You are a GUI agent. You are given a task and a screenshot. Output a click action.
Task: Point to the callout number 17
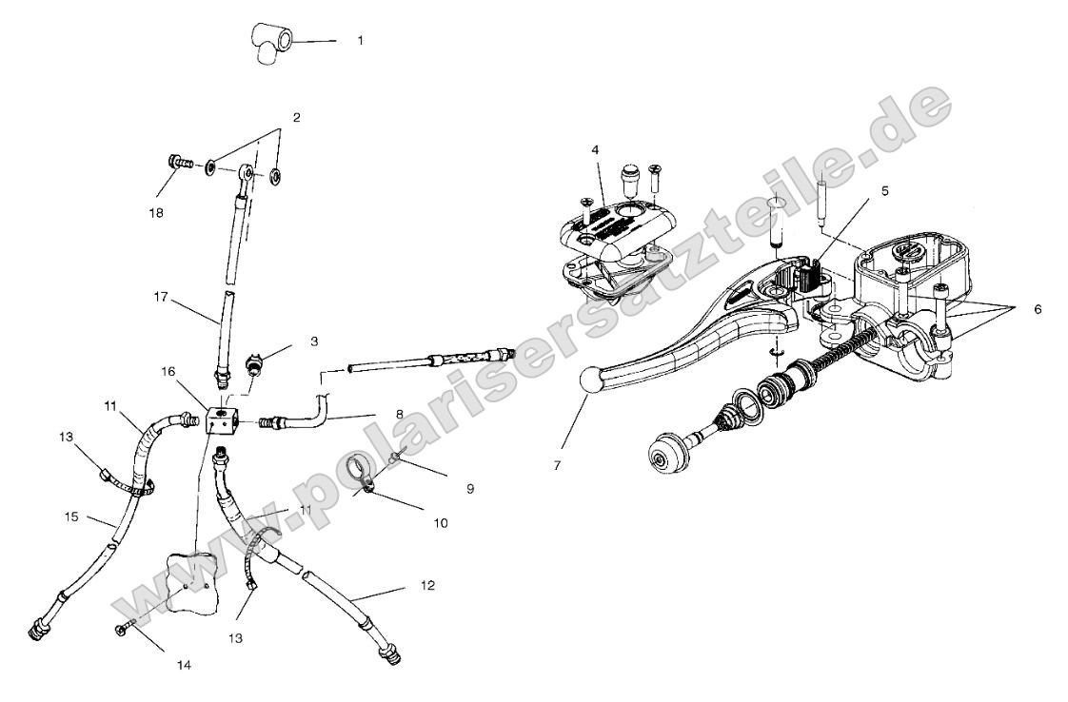click(x=159, y=296)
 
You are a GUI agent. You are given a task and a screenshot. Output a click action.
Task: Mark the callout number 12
click(x=427, y=586)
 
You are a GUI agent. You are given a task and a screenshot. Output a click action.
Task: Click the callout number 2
click(x=296, y=118)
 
